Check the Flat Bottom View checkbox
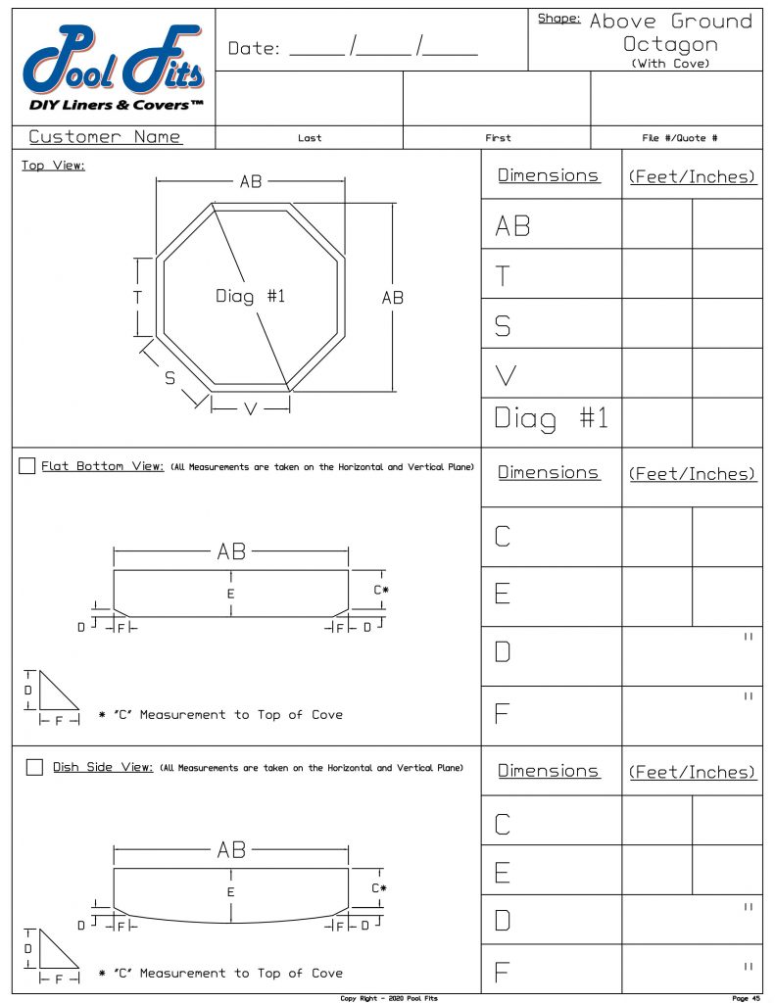[27, 466]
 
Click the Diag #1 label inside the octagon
[250, 296]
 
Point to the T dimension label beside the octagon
[138, 297]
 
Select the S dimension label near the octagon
[170, 378]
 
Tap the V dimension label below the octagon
[250, 409]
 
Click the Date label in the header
[256, 48]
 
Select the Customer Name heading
[105, 137]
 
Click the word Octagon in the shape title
[671, 44]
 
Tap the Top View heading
[53, 166]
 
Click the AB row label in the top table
[512, 226]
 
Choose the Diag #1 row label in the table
[552, 419]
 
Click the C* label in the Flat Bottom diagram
[380, 590]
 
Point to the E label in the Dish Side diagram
[230, 892]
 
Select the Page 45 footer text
[746, 998]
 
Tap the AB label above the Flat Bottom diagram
[231, 552]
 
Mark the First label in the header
[498, 138]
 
